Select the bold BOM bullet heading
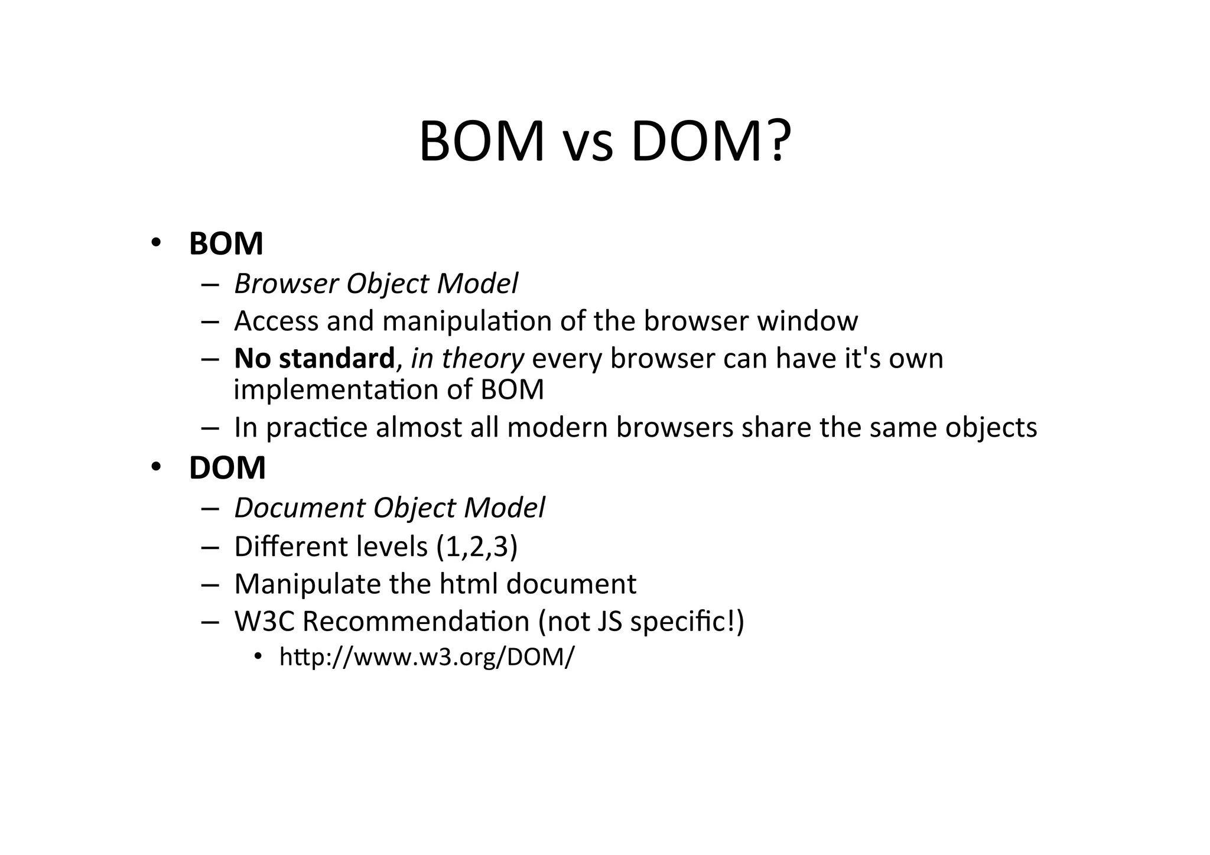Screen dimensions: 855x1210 coord(226,243)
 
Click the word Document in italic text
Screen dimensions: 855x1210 coord(300,508)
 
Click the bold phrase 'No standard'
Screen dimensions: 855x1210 coord(314,359)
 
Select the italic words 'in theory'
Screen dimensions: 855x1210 coord(467,359)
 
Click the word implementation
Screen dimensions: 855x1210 coord(335,390)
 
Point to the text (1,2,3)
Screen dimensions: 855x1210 coord(476,547)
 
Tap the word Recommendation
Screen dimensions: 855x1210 coord(416,622)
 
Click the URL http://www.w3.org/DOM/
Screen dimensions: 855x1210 coord(426,657)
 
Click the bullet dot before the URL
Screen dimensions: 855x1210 coord(258,657)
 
